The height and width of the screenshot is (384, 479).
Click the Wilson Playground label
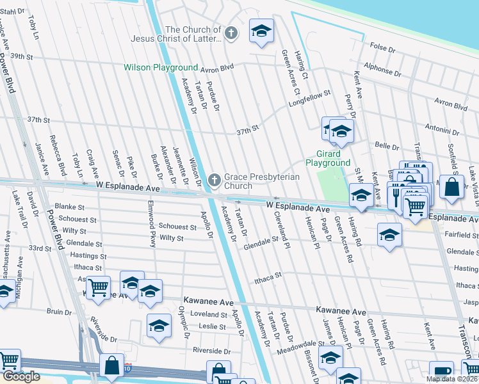pos(161,67)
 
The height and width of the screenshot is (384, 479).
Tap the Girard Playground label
pos(327,158)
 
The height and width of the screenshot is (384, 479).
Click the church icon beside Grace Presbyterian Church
pos(215,180)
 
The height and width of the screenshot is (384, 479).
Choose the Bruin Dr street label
pos(59,312)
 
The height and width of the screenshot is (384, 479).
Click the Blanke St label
pos(69,207)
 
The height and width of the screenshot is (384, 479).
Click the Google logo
pos(20,376)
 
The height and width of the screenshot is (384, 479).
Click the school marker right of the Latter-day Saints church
pos(261,31)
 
